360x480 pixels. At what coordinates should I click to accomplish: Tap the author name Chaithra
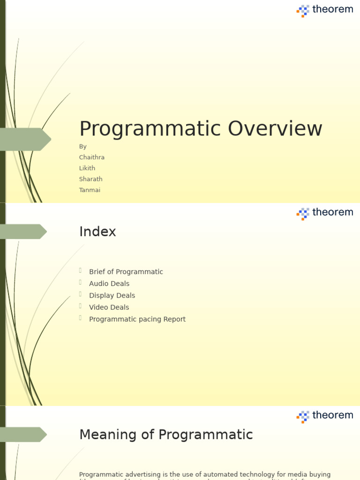(x=92, y=157)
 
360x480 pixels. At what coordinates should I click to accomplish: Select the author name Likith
(x=87, y=168)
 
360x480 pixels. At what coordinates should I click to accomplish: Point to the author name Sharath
(x=91, y=179)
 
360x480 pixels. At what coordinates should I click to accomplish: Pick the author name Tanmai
(x=90, y=190)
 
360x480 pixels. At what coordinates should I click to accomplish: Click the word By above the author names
(x=83, y=147)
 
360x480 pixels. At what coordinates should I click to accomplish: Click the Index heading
(x=97, y=232)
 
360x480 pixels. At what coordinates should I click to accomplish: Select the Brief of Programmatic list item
(x=126, y=272)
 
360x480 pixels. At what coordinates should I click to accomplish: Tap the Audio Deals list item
(x=109, y=284)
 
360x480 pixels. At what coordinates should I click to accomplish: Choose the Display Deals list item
(x=112, y=295)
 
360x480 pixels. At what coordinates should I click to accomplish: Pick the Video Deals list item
(x=109, y=307)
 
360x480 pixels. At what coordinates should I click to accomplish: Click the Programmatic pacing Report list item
(x=137, y=319)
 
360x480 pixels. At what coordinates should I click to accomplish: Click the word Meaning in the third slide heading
(x=108, y=435)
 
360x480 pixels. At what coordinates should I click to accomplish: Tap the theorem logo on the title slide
(x=325, y=10)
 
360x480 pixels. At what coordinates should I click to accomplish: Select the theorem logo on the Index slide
(x=325, y=213)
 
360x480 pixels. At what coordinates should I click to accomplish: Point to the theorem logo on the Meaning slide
(x=325, y=416)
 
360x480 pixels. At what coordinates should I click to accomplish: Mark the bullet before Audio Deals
(x=81, y=282)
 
